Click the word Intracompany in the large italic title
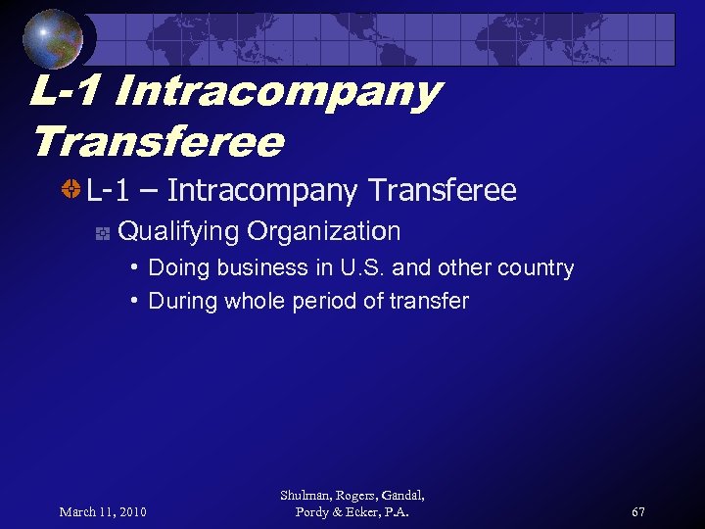278,92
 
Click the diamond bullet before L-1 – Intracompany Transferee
70,190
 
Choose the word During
183,301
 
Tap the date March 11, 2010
103,511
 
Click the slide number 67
638,511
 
